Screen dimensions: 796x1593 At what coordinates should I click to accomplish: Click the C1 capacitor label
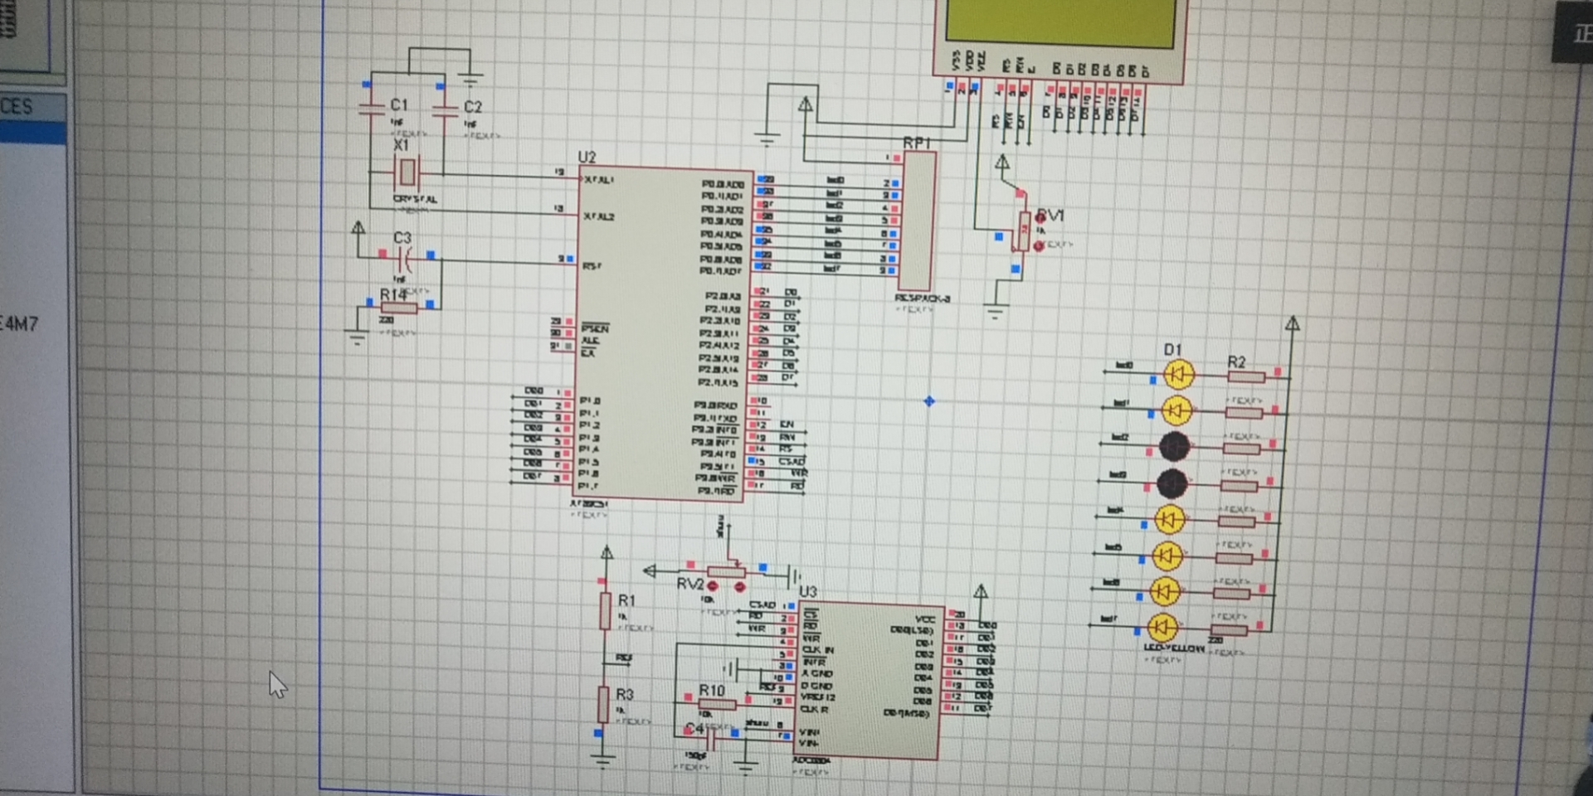(398, 104)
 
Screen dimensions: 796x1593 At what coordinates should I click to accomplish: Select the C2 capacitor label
(472, 106)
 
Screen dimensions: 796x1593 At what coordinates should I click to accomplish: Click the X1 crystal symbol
(407, 172)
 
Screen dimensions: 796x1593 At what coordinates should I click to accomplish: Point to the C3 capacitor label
(402, 238)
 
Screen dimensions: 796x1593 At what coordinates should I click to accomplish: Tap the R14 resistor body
(399, 308)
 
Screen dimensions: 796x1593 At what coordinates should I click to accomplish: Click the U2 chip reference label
(587, 157)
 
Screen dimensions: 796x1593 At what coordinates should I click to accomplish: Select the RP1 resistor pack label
(917, 143)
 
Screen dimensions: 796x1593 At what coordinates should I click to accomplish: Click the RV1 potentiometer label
(1050, 215)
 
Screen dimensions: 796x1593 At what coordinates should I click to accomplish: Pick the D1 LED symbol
(1178, 374)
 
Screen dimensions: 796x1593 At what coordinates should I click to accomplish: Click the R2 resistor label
(1236, 362)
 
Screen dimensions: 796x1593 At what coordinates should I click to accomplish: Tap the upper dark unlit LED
(1174, 446)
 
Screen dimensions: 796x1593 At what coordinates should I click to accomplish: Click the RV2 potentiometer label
(689, 584)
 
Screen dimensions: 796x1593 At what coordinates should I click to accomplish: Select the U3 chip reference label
(807, 591)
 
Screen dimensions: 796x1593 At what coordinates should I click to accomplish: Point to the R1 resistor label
(626, 599)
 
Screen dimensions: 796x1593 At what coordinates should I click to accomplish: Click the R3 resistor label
(625, 694)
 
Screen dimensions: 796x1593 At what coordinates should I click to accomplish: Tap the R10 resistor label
(711, 690)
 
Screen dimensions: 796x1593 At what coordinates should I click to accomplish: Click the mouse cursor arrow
(276, 684)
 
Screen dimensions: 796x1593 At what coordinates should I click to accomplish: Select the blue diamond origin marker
(928, 401)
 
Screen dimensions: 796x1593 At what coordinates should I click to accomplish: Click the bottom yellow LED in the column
(1162, 628)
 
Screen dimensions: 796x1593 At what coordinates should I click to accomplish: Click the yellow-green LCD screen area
(1060, 20)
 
